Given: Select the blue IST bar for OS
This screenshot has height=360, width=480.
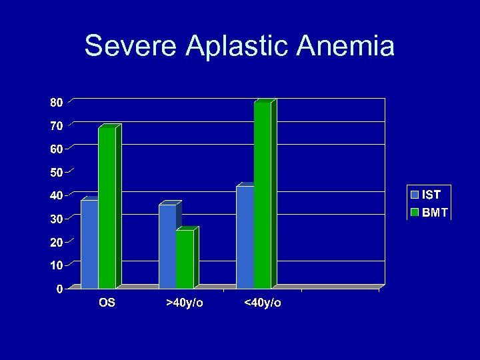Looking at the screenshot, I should click(89, 244).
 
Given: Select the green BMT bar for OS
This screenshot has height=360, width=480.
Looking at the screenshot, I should click(107, 207).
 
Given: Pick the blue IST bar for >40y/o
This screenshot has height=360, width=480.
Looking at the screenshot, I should click(167, 246).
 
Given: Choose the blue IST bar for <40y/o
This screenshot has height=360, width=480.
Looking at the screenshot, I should click(245, 237).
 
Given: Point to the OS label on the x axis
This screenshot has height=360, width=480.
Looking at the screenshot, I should click(107, 303).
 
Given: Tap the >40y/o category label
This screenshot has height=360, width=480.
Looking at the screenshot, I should click(185, 303).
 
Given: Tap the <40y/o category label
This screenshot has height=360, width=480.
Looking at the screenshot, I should click(263, 303).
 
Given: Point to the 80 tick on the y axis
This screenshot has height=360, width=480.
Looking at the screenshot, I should click(56, 103).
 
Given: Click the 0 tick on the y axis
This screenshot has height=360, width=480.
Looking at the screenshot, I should click(59, 289).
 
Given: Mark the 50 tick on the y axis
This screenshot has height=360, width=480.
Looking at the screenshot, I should click(56, 173).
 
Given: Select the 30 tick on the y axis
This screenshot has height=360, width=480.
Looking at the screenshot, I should click(56, 219).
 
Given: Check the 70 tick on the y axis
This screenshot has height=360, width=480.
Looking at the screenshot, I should click(56, 126).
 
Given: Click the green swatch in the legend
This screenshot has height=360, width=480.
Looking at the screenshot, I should click(415, 213).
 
